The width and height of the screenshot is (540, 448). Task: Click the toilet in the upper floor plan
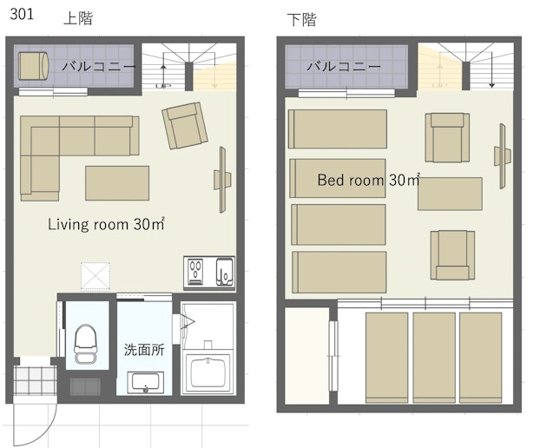(85, 344)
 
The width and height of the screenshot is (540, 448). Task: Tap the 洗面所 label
(144, 350)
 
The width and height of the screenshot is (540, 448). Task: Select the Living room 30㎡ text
(106, 224)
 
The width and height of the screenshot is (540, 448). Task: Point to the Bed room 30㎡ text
(368, 180)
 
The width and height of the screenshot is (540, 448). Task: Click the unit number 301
(22, 14)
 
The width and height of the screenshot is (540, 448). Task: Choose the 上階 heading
(78, 18)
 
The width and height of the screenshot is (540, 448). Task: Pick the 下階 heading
(301, 20)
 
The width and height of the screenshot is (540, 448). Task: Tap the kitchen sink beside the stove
(225, 273)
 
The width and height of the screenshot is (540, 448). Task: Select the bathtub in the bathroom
(208, 373)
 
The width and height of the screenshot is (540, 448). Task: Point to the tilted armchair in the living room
(185, 125)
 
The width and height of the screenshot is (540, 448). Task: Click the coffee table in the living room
(117, 183)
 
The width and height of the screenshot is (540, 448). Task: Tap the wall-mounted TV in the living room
(223, 180)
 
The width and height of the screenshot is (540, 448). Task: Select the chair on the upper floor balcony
(33, 66)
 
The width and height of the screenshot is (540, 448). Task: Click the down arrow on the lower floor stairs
(491, 69)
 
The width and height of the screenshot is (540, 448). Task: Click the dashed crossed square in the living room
(95, 277)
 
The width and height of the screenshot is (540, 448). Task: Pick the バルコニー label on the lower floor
(343, 66)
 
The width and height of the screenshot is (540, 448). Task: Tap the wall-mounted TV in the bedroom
(503, 156)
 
